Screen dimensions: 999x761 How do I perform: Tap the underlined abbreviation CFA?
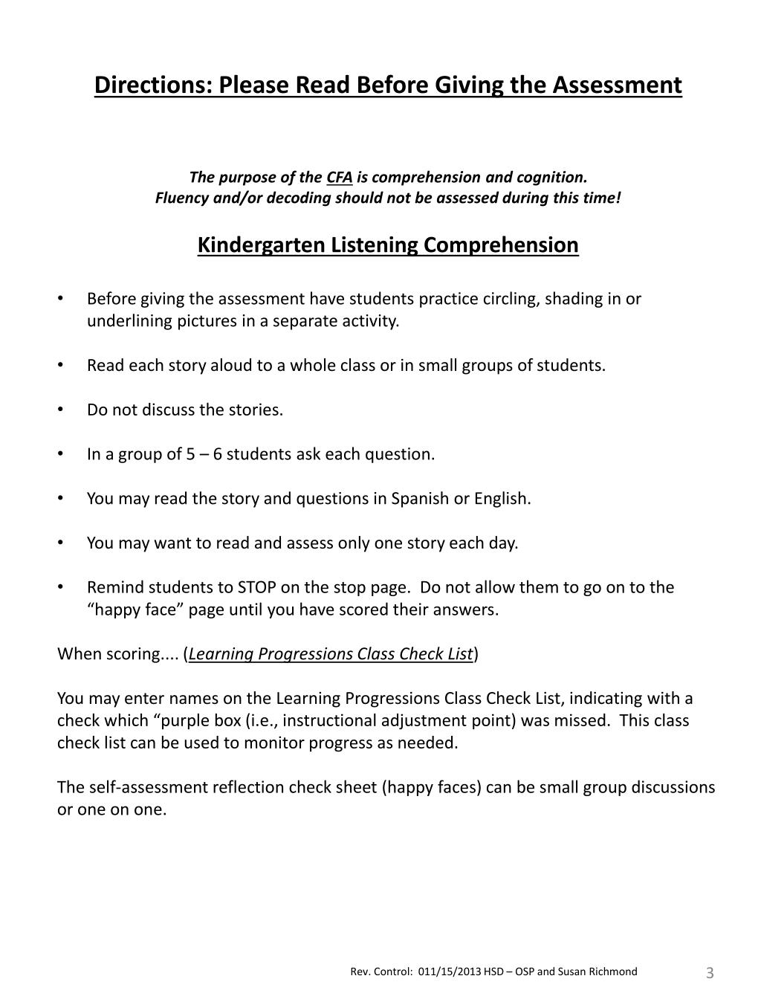point(340,178)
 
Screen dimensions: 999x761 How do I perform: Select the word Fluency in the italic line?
point(183,198)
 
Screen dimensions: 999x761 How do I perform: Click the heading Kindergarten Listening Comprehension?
point(388,245)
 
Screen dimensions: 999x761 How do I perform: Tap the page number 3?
point(710,973)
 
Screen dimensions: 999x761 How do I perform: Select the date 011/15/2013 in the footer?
point(450,971)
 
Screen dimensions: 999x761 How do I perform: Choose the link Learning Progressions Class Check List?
point(331,654)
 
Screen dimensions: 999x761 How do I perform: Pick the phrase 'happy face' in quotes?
point(129,610)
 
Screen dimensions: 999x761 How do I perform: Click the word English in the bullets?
point(502,499)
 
